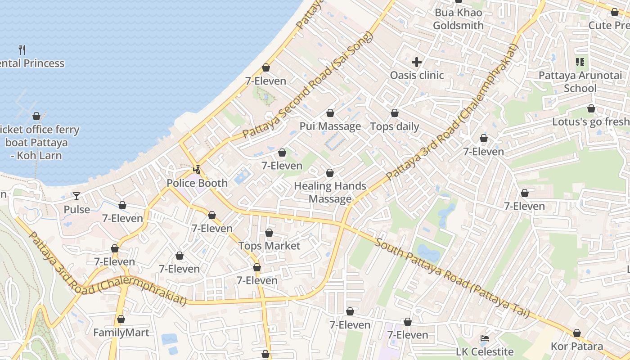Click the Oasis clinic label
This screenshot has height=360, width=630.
click(x=417, y=75)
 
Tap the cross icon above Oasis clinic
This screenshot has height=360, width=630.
click(x=417, y=62)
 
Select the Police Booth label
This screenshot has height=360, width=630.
click(x=197, y=183)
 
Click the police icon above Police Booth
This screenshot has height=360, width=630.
click(x=197, y=170)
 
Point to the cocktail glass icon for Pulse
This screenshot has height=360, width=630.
click(x=76, y=196)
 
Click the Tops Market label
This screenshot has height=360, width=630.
click(x=269, y=246)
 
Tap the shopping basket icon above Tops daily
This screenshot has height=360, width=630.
click(x=395, y=113)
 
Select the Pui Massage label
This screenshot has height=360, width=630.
click(x=330, y=126)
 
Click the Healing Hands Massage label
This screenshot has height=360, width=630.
click(x=330, y=192)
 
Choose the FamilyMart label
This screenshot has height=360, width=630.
click(x=121, y=333)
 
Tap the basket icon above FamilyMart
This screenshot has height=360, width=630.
click(x=121, y=319)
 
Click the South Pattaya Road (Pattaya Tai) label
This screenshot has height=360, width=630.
click(x=452, y=279)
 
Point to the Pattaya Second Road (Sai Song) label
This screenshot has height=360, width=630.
click(x=308, y=85)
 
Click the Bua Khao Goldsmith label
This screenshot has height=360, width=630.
click(x=458, y=19)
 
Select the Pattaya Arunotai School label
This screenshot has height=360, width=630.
click(x=580, y=81)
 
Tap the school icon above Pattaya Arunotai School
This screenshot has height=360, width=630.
click(x=580, y=62)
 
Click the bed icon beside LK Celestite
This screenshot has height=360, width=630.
click(x=484, y=338)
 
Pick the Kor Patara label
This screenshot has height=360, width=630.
click(x=577, y=346)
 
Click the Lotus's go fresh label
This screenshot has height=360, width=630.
click(x=590, y=122)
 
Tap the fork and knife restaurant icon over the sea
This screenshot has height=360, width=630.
click(x=22, y=49)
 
